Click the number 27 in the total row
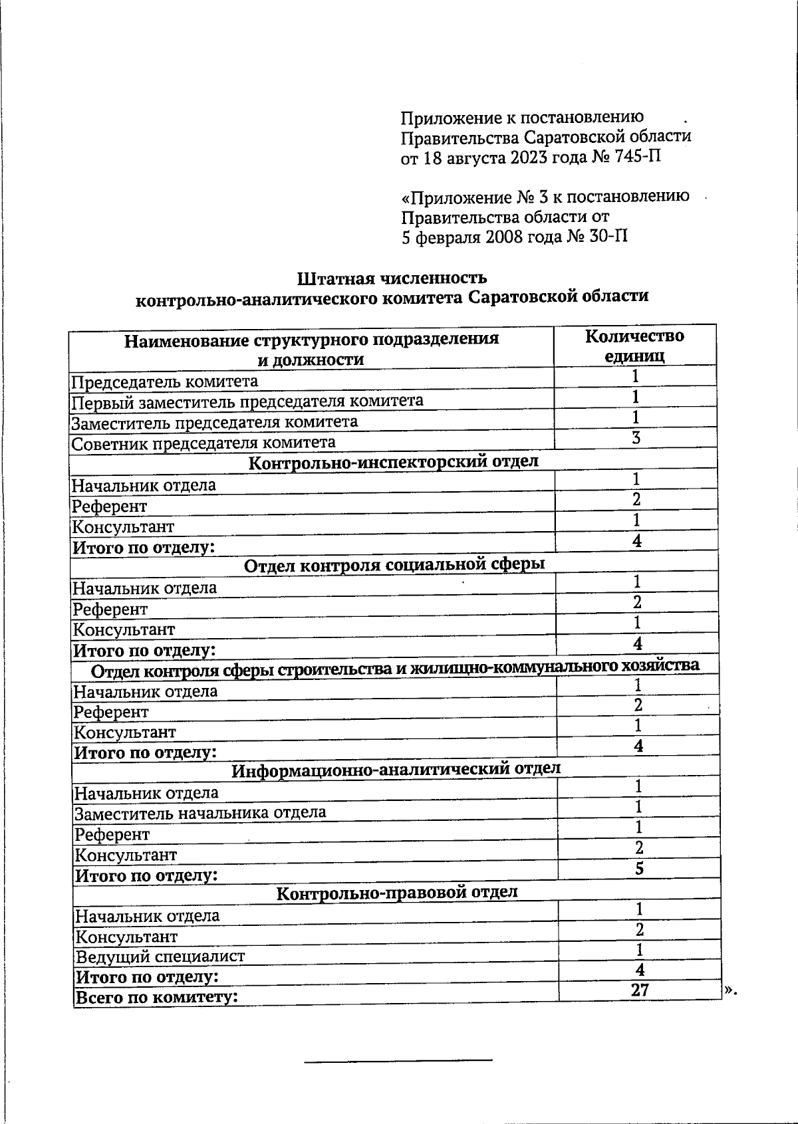pyautogui.click(x=640, y=990)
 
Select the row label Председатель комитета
pyautogui.click(x=164, y=381)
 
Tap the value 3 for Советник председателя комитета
pyautogui.click(x=636, y=438)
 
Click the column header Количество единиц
pyautogui.click(x=634, y=346)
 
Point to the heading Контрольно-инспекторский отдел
pyautogui.click(x=393, y=462)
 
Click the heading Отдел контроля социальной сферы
pyautogui.click(x=394, y=565)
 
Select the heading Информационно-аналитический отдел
pyautogui.click(x=396, y=770)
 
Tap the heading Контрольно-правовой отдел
pyautogui.click(x=397, y=893)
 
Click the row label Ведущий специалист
pyautogui.click(x=160, y=956)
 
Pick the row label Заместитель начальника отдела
pyautogui.click(x=199, y=812)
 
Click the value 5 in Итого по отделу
pyautogui.click(x=639, y=869)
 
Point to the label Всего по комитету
pyautogui.click(x=157, y=998)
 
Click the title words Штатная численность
pyautogui.click(x=392, y=277)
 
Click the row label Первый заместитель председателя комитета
pyautogui.click(x=247, y=401)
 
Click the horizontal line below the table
pyautogui.click(x=398, y=1060)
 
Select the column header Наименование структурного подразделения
pyautogui.click(x=312, y=340)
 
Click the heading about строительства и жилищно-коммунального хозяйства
pyautogui.click(x=394, y=667)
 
